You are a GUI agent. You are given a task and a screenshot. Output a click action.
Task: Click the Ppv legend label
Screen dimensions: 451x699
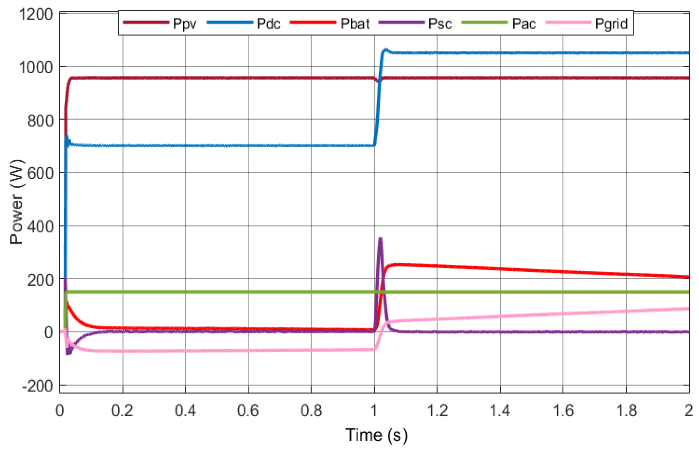184,24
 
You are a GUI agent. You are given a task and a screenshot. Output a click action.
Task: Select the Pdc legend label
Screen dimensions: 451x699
268,24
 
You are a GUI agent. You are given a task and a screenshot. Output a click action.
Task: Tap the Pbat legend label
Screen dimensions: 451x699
355,24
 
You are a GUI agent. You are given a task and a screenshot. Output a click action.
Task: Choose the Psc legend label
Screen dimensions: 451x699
440,24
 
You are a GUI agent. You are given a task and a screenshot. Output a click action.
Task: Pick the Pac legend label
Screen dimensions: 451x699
524,24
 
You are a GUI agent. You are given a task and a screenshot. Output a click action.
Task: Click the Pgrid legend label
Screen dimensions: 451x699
611,24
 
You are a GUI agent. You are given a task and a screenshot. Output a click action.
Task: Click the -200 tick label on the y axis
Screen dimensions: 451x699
37,385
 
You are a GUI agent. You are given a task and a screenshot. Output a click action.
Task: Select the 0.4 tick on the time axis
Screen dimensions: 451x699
185,411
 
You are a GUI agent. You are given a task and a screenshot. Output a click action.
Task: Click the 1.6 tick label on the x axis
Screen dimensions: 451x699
563,411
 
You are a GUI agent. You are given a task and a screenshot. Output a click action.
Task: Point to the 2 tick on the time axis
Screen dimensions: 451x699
689,411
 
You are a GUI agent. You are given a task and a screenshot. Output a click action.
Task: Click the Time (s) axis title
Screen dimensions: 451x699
376,435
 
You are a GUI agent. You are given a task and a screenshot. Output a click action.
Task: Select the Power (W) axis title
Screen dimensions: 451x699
17,202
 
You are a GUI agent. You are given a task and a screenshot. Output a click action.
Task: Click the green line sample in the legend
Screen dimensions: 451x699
484,23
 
